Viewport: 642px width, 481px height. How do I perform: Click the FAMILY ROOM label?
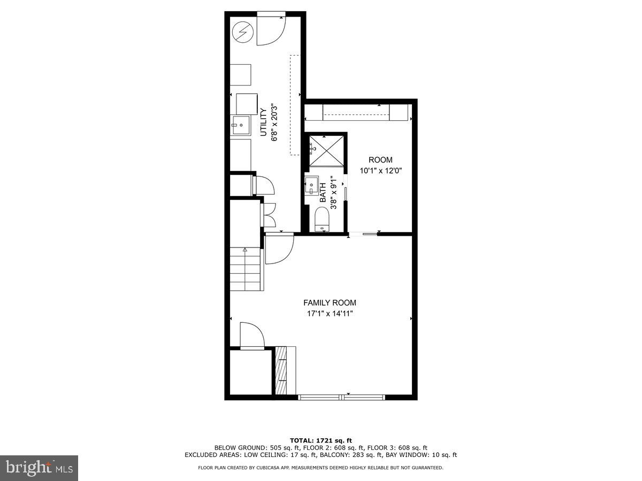[330, 302]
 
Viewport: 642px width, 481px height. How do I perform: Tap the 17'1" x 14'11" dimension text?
[330, 314]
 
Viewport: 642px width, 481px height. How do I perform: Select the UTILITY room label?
[263, 122]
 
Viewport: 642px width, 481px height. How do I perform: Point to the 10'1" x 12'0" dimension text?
[380, 171]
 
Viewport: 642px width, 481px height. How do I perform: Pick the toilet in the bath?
[322, 219]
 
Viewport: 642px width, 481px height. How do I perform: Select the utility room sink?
[240, 125]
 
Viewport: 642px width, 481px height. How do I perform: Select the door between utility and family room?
[279, 249]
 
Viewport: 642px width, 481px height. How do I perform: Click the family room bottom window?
[341, 397]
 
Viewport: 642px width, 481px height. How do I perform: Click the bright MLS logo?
[39, 468]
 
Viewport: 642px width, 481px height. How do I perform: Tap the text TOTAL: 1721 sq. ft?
[320, 440]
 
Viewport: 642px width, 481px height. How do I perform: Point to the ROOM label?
[380, 160]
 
